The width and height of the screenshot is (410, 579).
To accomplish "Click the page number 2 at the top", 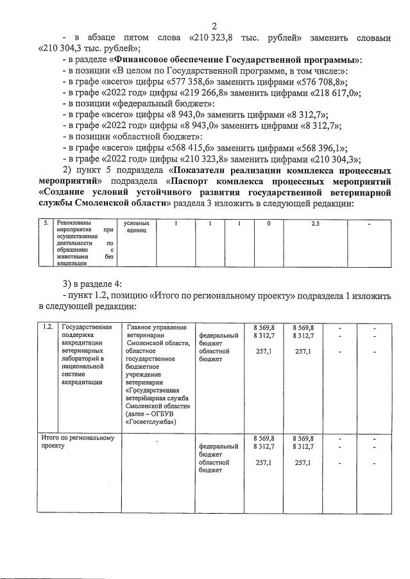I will [214, 26].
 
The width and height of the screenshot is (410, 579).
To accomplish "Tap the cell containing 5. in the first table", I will [44, 224].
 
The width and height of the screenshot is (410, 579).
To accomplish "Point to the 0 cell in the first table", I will [268, 224].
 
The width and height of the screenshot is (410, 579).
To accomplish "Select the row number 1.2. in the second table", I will [47, 327].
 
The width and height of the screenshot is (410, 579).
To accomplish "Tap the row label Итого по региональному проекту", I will [77, 441].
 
